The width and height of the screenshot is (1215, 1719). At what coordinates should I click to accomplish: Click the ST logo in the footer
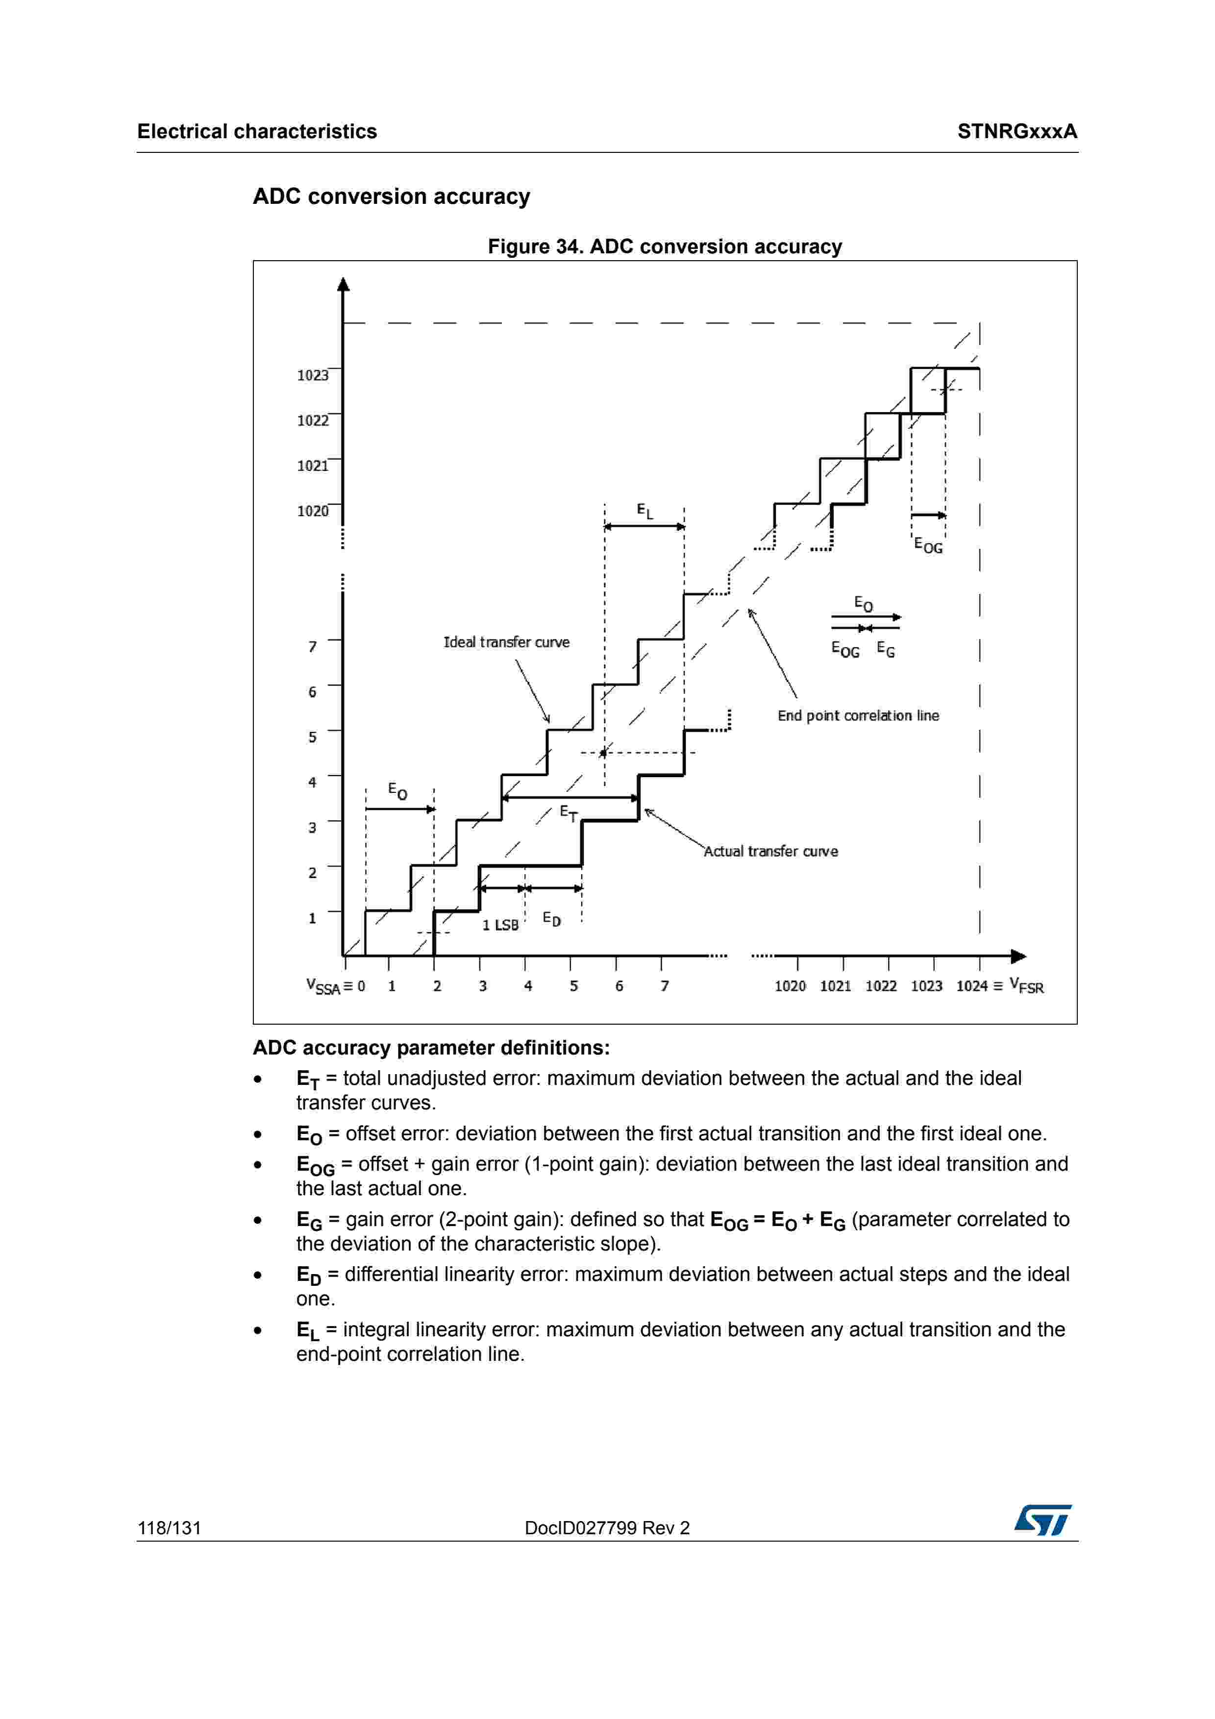[1043, 1521]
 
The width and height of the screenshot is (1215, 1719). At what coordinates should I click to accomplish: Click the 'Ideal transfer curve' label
[506, 642]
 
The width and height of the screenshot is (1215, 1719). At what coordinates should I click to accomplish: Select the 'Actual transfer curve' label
[770, 851]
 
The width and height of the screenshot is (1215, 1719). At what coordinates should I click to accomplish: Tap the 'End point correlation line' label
[858, 716]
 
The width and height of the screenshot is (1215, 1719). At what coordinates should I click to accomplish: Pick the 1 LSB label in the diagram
[500, 925]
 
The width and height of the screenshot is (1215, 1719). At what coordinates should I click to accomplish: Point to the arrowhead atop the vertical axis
[344, 285]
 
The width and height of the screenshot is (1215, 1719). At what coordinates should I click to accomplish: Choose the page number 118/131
[169, 1528]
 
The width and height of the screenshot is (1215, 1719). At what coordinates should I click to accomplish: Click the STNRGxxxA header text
[1017, 132]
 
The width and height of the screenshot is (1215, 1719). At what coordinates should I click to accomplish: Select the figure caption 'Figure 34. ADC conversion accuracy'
[665, 246]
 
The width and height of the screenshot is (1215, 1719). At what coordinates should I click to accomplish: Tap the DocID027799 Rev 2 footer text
[607, 1528]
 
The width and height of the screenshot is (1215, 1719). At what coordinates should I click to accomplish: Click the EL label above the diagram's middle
[645, 512]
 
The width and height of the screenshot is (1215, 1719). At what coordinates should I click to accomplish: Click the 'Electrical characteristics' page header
[257, 132]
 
